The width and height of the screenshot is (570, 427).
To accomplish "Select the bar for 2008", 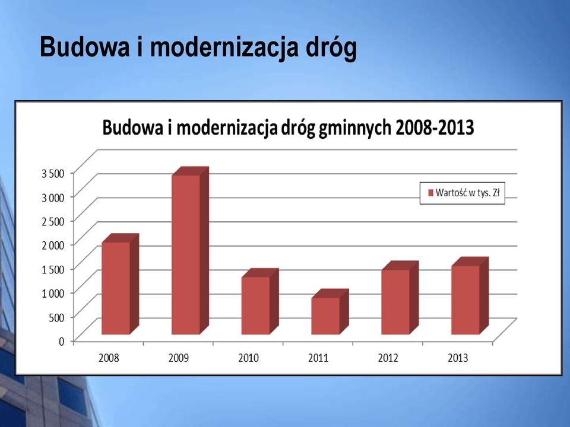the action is point(120,284).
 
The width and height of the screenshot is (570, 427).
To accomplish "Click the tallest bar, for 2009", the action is point(190,251).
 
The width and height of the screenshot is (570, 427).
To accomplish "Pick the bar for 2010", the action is point(260,302).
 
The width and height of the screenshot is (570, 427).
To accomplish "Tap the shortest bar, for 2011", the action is point(330,312).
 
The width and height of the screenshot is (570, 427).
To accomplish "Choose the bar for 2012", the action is point(400,298).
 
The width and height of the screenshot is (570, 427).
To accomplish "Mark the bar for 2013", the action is point(470,296).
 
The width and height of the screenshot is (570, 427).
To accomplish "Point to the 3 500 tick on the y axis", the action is point(53,174).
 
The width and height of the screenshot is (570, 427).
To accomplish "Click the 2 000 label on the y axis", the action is point(53,245).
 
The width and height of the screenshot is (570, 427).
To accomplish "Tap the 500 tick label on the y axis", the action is point(56,317).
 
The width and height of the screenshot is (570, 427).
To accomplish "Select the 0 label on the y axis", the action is point(61,342).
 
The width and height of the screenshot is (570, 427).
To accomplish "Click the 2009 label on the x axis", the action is point(179,358).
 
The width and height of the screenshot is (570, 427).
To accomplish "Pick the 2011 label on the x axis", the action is point(318,358).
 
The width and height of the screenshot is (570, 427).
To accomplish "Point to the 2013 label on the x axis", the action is point(458,358).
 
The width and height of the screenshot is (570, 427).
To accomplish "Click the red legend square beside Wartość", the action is point(431,193).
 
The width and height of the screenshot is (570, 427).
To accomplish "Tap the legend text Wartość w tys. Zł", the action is point(467,193).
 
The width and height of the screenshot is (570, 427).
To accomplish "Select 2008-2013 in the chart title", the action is point(435,128).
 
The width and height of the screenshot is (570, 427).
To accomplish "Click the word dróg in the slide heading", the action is point(331,47).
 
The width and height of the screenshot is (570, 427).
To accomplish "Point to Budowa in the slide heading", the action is point(85,46).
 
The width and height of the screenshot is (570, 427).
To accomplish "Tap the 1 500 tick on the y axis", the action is point(53,269).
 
